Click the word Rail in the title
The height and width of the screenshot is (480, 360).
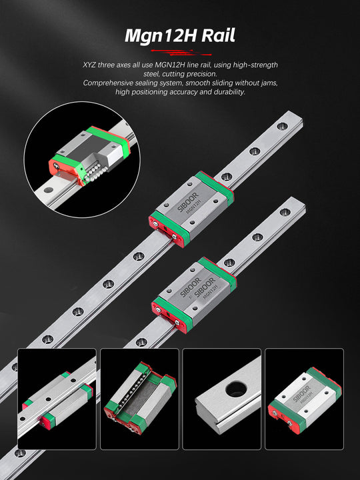pyautogui.click(x=218, y=35)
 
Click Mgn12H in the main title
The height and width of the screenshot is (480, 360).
pyautogui.click(x=161, y=36)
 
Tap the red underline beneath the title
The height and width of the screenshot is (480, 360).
pyautogui.click(x=181, y=53)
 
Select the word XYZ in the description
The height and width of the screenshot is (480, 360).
pyautogui.click(x=89, y=65)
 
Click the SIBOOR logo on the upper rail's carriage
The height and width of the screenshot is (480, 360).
pyautogui.click(x=188, y=202)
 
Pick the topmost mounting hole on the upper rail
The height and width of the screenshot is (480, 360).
pyautogui.click(x=282, y=126)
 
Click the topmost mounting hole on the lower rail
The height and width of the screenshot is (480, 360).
pyautogui.click(x=285, y=212)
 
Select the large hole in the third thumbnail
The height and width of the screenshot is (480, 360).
pyautogui.click(x=236, y=389)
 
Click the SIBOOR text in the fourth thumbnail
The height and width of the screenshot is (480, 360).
pyautogui.click(x=301, y=394)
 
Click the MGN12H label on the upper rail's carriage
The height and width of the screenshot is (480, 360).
pyautogui.click(x=193, y=207)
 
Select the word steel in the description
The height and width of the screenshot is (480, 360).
pyautogui.click(x=151, y=74)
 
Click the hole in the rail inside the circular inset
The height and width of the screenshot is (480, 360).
pyautogui.click(x=49, y=190)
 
